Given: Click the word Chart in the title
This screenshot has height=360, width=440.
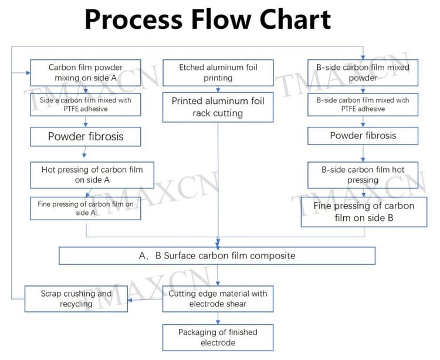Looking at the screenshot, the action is click(295, 19).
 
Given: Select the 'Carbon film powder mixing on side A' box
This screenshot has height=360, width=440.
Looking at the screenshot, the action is click(86, 73).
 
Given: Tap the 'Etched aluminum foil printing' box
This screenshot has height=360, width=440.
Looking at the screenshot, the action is click(218, 73).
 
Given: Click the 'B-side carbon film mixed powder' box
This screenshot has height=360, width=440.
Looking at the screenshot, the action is click(363, 73).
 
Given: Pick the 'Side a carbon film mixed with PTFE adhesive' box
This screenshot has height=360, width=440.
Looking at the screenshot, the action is click(86, 105).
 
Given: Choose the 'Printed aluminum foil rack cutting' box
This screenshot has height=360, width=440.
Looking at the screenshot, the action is click(218, 107).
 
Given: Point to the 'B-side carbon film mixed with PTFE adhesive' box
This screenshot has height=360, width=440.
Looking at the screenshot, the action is click(363, 105).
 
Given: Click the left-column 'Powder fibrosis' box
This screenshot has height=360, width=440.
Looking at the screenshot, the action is click(86, 136).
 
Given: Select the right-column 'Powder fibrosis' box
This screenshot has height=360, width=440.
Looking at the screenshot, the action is click(363, 136).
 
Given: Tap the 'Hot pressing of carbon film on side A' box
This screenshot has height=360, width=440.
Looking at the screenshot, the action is click(92, 175).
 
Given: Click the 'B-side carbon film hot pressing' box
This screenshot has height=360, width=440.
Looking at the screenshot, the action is click(363, 175).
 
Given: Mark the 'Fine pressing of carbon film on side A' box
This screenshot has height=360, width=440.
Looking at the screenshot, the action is click(86, 208).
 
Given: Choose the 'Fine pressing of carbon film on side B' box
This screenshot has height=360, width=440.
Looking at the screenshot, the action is click(364, 212).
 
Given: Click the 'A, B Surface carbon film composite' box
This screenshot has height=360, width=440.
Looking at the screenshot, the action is click(217, 255).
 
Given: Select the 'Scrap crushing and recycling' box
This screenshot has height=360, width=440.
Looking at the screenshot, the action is click(76, 299).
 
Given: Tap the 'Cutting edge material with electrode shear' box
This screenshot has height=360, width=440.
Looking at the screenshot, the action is click(218, 299).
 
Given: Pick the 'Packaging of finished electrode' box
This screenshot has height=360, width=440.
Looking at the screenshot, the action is click(218, 338).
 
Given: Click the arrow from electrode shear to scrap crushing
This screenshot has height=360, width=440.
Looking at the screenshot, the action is click(145, 300).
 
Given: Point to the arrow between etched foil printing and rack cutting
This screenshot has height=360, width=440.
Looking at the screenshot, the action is click(218, 89).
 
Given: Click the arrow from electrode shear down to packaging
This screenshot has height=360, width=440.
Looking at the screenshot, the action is click(218, 318).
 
